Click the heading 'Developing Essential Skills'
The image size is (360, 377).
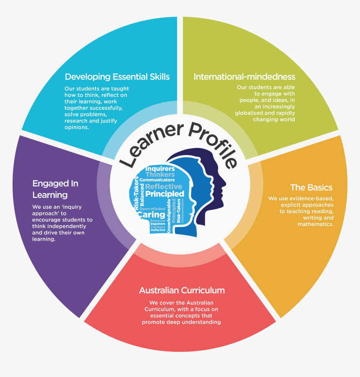click(x=117, y=77)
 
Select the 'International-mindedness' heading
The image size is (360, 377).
click(x=244, y=77)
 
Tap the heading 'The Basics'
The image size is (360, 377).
click(x=311, y=187)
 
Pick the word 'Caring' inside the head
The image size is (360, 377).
click(x=151, y=215)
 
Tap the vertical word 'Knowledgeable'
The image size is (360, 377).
click(x=169, y=215)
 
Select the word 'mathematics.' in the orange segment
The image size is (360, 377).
click(x=316, y=224)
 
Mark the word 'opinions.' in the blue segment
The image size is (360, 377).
click(x=77, y=127)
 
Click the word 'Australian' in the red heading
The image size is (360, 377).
click(x=159, y=290)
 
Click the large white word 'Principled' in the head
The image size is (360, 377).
click(x=165, y=194)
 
